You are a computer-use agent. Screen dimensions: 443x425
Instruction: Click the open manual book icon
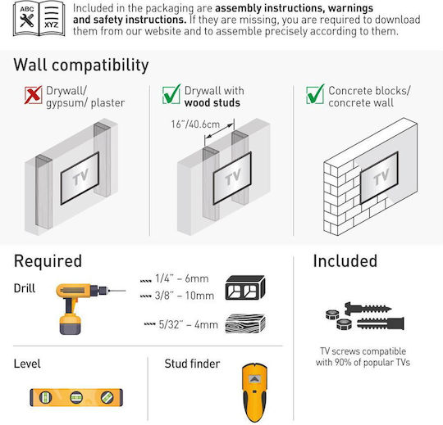39,19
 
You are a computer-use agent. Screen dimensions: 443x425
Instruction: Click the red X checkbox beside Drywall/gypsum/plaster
34,95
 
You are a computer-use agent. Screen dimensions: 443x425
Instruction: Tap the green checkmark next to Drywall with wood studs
171,94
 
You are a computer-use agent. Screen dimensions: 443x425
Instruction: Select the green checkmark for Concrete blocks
315,94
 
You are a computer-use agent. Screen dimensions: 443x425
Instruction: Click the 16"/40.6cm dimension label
195,124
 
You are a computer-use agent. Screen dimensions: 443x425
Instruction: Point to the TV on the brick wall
379,178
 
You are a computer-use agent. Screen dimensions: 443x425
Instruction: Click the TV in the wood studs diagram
232,178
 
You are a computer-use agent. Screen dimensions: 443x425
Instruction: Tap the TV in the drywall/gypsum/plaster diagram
80,178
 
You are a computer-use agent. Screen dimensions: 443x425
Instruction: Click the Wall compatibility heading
81,66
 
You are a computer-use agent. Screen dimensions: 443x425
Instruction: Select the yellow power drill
84,307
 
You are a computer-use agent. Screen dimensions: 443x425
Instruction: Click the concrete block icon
245,287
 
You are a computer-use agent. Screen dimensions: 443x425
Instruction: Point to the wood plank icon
245,323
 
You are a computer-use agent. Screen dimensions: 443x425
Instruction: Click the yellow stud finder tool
254,392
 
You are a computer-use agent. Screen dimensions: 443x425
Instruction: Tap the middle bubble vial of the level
76,398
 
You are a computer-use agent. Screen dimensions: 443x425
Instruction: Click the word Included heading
345,261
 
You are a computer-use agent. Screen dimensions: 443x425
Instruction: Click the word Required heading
48,261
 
